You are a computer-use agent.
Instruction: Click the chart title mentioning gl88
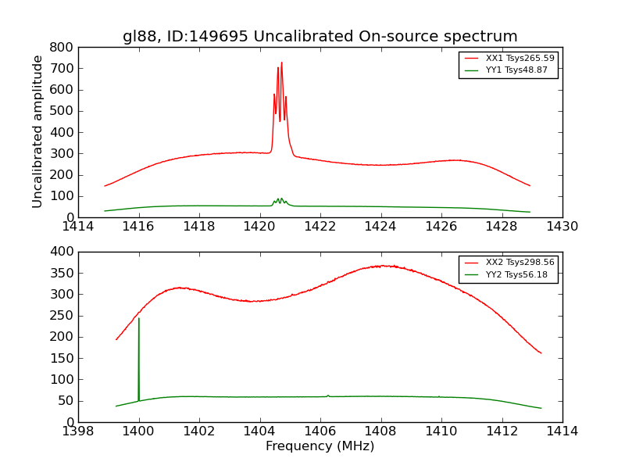tap(320, 37)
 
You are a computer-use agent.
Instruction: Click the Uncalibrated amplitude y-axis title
tap(37, 131)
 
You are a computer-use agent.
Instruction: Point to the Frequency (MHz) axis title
tap(320, 446)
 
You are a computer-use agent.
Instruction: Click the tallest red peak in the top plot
tap(281, 63)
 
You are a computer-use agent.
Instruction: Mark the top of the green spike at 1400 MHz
tap(138, 318)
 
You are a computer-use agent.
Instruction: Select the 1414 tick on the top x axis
tap(78, 227)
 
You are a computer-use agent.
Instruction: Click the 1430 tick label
tap(562, 227)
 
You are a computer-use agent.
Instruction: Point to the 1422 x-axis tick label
tap(320, 227)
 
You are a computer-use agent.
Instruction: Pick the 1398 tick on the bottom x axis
tap(78, 431)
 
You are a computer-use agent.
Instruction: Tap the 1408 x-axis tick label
tap(380, 431)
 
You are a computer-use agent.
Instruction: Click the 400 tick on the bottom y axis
tap(63, 252)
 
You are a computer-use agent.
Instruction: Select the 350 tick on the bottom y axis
tap(63, 273)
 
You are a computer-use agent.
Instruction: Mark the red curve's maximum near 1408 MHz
tap(381, 266)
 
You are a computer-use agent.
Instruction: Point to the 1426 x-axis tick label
tap(441, 227)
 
